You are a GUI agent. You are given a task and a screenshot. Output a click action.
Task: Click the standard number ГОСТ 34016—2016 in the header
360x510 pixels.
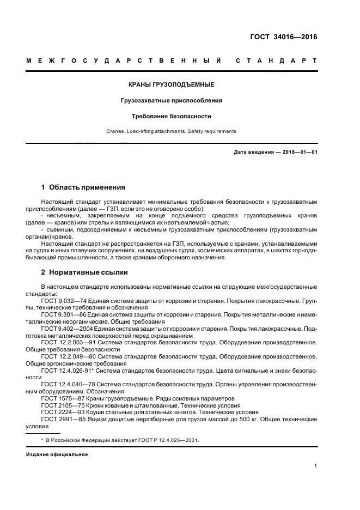(283, 38)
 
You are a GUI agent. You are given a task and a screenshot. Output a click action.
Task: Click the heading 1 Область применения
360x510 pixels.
(83, 187)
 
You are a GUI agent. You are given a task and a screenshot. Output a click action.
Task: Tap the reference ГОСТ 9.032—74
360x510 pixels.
(60, 300)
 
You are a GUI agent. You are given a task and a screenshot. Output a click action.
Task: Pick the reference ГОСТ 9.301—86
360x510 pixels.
(60, 314)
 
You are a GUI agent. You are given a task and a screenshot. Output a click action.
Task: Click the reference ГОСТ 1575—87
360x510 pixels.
(59, 398)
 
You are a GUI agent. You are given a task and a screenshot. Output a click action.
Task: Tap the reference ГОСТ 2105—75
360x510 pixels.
(59, 405)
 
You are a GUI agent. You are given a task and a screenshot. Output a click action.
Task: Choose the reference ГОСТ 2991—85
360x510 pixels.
(59, 420)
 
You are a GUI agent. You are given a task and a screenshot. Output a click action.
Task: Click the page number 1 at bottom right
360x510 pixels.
(316, 466)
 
